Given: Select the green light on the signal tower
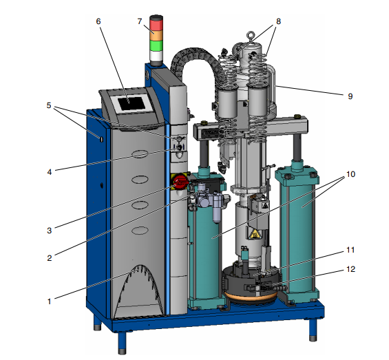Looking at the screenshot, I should [156, 46].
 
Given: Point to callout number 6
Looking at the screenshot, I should [98, 21].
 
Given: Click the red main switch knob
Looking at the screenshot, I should [179, 182].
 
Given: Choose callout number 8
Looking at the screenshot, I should [279, 21].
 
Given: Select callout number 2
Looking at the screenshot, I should [49, 259].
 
